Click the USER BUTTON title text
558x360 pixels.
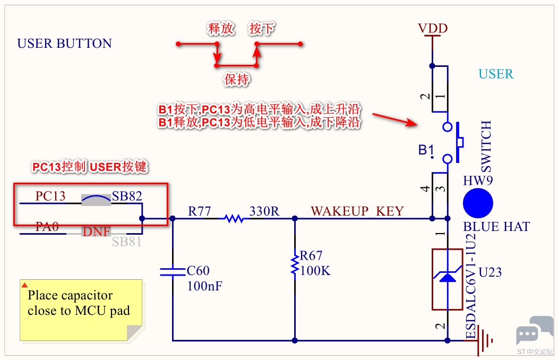[64, 44]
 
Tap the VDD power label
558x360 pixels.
[433, 28]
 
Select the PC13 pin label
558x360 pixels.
[50, 195]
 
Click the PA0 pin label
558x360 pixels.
[47, 226]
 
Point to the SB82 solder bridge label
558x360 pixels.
[127, 195]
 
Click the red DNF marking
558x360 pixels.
[97, 232]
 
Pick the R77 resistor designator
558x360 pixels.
[199, 211]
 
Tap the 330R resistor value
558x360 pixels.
[264, 211]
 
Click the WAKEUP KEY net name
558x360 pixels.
[357, 211]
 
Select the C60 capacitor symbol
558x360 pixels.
[173, 272]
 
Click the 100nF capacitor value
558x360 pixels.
[204, 286]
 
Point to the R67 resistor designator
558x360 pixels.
[311, 255]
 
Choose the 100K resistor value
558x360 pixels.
[315, 271]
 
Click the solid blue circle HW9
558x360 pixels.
[478, 203]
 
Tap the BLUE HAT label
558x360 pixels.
[496, 227]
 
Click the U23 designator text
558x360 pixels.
[490, 272]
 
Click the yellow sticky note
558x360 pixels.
[81, 310]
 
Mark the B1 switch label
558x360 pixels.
[426, 150]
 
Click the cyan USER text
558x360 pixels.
[496, 74]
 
